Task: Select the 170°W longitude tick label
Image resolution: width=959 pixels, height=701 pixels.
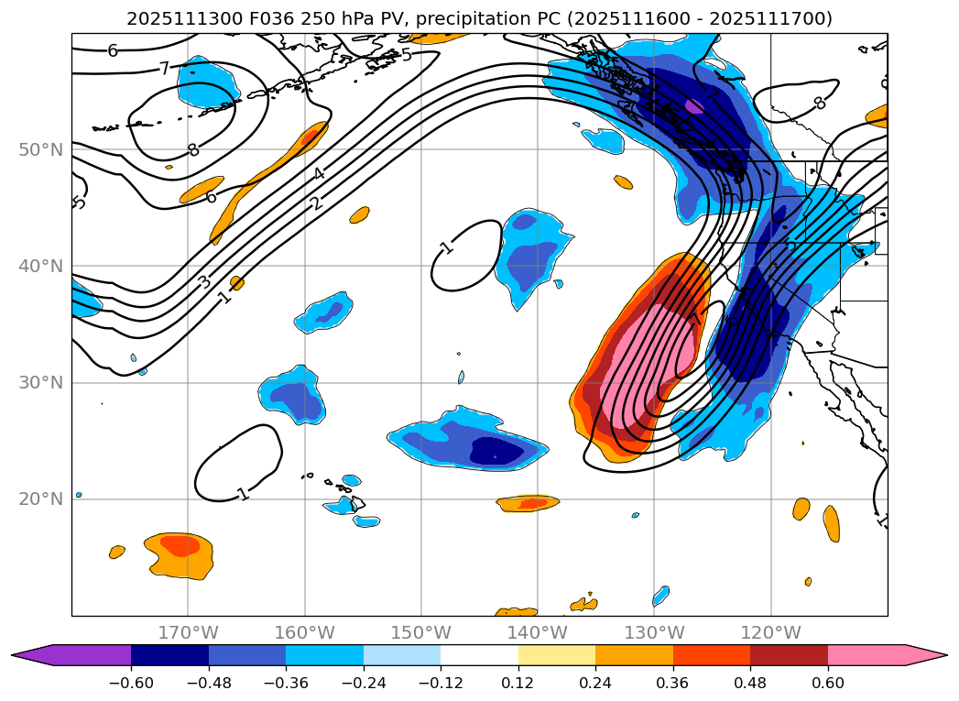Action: tap(188, 632)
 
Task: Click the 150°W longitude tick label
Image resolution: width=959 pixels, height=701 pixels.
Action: tap(421, 632)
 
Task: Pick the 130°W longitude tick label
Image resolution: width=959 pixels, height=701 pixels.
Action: tap(654, 632)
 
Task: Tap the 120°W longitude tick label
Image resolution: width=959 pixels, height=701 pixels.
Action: tap(771, 632)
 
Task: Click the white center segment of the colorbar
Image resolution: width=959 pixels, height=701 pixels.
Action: tap(479, 655)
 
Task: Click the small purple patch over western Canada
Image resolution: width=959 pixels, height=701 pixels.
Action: tap(694, 105)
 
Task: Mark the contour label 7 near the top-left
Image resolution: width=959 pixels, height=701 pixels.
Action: tap(164, 68)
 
